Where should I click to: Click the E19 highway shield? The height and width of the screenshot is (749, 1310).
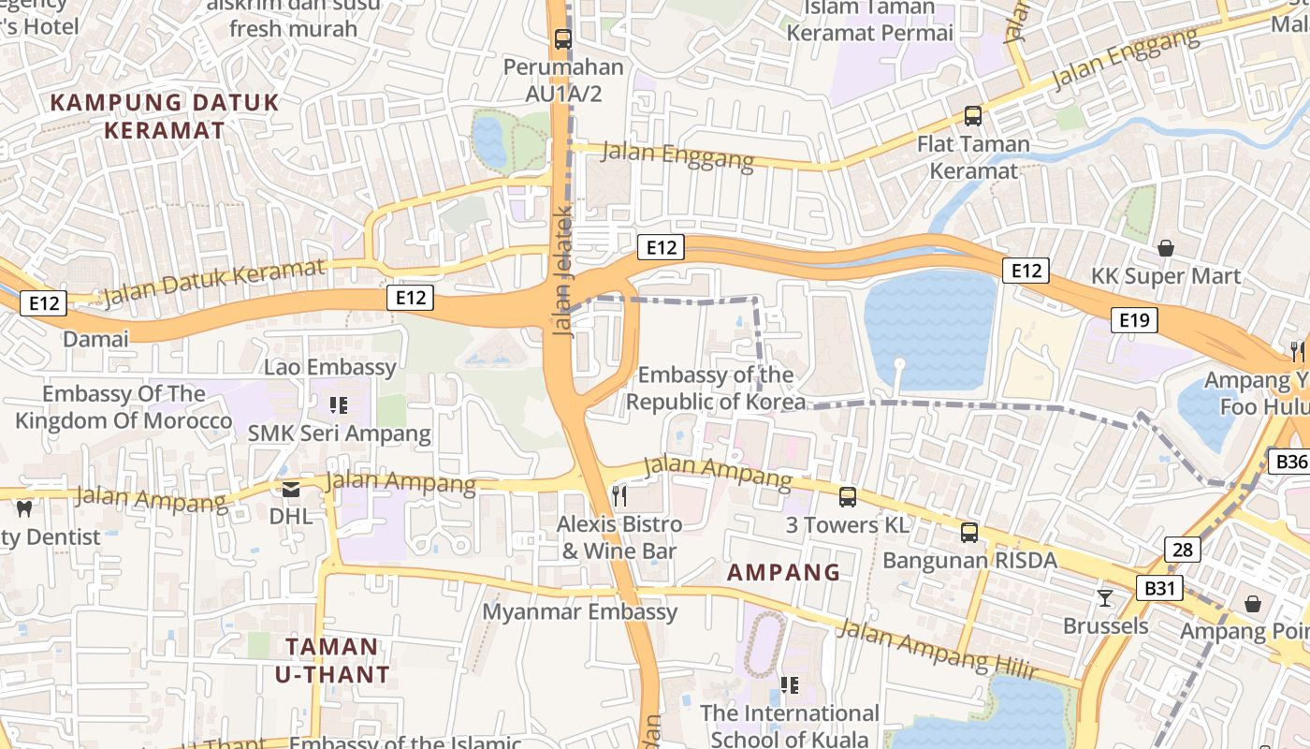[1134, 321]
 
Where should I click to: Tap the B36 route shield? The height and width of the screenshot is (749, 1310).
[1290, 462]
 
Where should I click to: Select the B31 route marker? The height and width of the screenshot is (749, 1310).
[1159, 588]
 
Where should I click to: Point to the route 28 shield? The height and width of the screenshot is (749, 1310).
[1183, 550]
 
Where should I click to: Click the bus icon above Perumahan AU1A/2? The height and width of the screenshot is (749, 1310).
[562, 39]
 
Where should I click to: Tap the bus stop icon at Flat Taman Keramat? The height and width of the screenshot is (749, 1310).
[973, 116]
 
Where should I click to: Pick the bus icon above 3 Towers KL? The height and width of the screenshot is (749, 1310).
[848, 497]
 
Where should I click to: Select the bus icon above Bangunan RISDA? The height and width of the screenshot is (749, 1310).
[969, 533]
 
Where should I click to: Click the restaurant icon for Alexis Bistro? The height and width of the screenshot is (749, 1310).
[619, 495]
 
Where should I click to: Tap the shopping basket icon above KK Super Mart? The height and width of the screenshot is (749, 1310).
[1166, 248]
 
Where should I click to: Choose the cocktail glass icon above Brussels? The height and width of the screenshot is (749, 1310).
[1105, 597]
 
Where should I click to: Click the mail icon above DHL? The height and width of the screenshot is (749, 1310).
[291, 488]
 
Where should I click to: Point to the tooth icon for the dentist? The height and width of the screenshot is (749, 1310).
[24, 509]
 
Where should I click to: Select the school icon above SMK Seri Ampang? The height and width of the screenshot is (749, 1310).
[339, 405]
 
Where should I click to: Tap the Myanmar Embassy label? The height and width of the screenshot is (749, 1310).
[579, 612]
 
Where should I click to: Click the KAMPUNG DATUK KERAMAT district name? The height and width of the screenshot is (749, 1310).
[164, 116]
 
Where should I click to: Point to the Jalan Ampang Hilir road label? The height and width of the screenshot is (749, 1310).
[937, 648]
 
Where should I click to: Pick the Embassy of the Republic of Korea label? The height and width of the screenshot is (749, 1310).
[716, 389]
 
